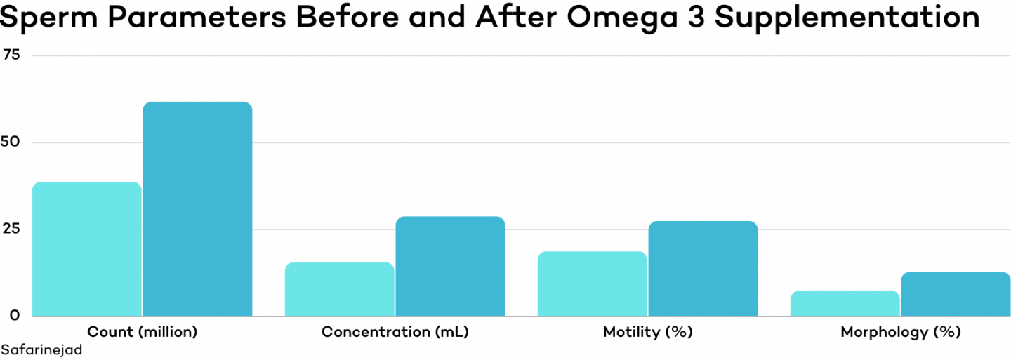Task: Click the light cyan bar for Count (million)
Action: coord(87,249)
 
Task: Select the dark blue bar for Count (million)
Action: coord(197,209)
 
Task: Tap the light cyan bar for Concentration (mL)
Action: coord(340,289)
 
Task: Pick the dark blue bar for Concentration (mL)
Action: coord(450,267)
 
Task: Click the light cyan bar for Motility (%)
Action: coord(592,284)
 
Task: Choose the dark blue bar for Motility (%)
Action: coord(703,269)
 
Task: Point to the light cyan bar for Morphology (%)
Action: coord(845,303)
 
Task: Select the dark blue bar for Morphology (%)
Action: coord(956,294)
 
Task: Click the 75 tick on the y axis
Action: coord(12,55)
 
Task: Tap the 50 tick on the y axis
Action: coord(12,142)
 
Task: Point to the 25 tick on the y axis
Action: coord(12,229)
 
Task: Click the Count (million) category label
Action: coord(142,332)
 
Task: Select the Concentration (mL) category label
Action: coord(395,332)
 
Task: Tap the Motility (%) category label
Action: coord(647,332)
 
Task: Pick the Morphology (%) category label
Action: coord(900,332)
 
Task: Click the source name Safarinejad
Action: coord(41,349)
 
